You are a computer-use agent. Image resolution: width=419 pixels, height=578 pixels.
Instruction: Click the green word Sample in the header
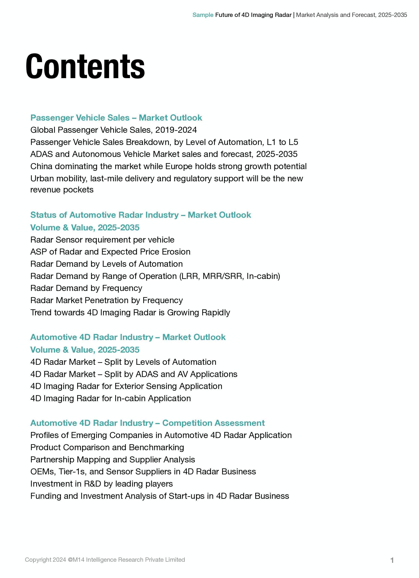click(x=203, y=15)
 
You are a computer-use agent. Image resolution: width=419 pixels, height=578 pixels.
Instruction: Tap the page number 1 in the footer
click(x=392, y=560)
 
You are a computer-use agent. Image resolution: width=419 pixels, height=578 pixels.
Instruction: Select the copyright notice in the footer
click(x=105, y=560)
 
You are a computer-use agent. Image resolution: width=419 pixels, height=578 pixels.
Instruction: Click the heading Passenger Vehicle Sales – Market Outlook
click(x=116, y=118)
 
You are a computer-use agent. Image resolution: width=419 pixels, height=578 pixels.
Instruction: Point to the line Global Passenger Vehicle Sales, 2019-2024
click(x=114, y=130)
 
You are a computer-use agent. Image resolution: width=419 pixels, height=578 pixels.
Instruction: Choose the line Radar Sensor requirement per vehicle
click(x=102, y=240)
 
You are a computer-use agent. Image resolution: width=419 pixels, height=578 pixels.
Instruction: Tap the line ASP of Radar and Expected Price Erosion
click(x=110, y=252)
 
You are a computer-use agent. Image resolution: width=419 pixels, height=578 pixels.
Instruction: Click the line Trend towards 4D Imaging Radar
click(x=130, y=313)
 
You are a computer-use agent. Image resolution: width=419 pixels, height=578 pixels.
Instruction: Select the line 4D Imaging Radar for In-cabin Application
click(x=111, y=399)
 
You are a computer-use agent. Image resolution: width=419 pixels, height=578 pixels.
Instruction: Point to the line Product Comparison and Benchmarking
click(x=107, y=447)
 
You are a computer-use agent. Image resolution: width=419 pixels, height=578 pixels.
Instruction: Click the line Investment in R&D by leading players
click(x=101, y=484)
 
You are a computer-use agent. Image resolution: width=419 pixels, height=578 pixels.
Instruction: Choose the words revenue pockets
click(x=62, y=190)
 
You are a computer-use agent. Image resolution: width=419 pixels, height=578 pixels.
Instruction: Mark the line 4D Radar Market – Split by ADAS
click(x=134, y=374)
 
